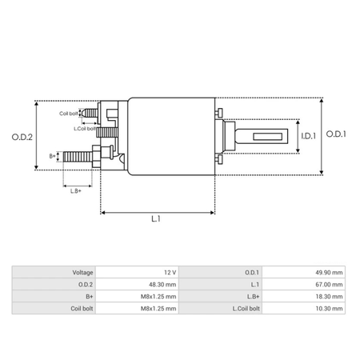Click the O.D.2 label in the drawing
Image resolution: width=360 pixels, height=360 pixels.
(22, 136)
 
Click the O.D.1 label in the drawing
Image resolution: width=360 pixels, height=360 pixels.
(337, 134)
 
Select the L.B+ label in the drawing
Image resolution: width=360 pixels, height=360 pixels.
(76, 190)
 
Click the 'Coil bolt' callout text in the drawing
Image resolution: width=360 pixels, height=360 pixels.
(69, 114)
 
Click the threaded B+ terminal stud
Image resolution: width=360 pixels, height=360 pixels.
(78, 156)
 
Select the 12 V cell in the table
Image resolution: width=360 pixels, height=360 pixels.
(167, 272)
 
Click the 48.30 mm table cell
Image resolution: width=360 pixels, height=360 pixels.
(161, 284)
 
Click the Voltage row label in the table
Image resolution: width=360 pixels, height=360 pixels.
(78, 272)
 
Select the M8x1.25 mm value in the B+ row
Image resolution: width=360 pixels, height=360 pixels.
(158, 296)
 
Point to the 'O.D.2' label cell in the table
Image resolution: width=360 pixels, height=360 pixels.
(82, 284)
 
